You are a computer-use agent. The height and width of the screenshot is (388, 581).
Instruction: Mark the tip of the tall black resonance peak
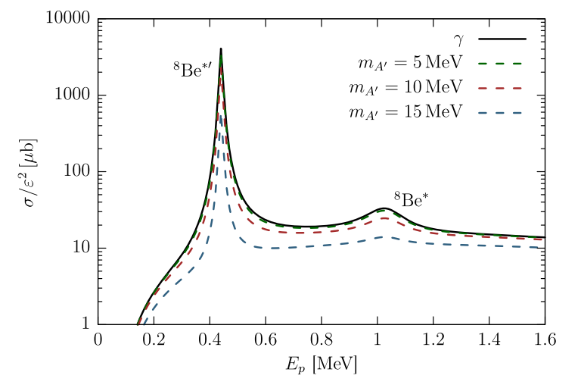pos(220,48)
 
